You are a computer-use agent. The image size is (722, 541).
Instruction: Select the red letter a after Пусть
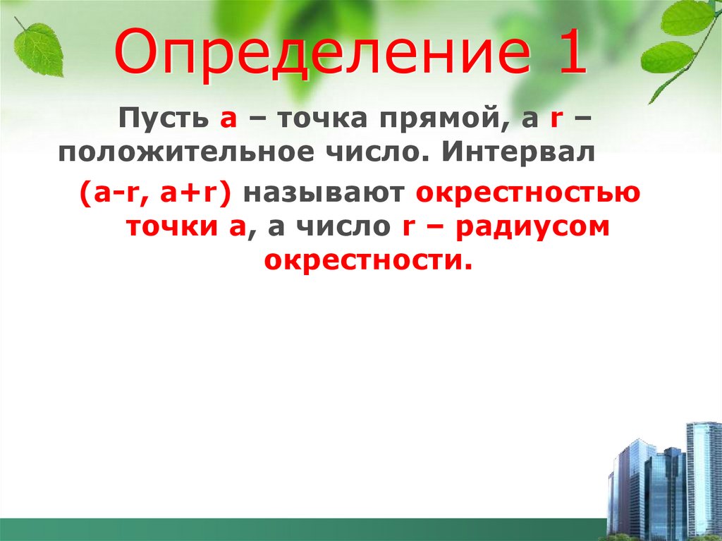[228, 121]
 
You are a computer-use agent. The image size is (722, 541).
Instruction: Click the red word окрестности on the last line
[367, 261]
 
